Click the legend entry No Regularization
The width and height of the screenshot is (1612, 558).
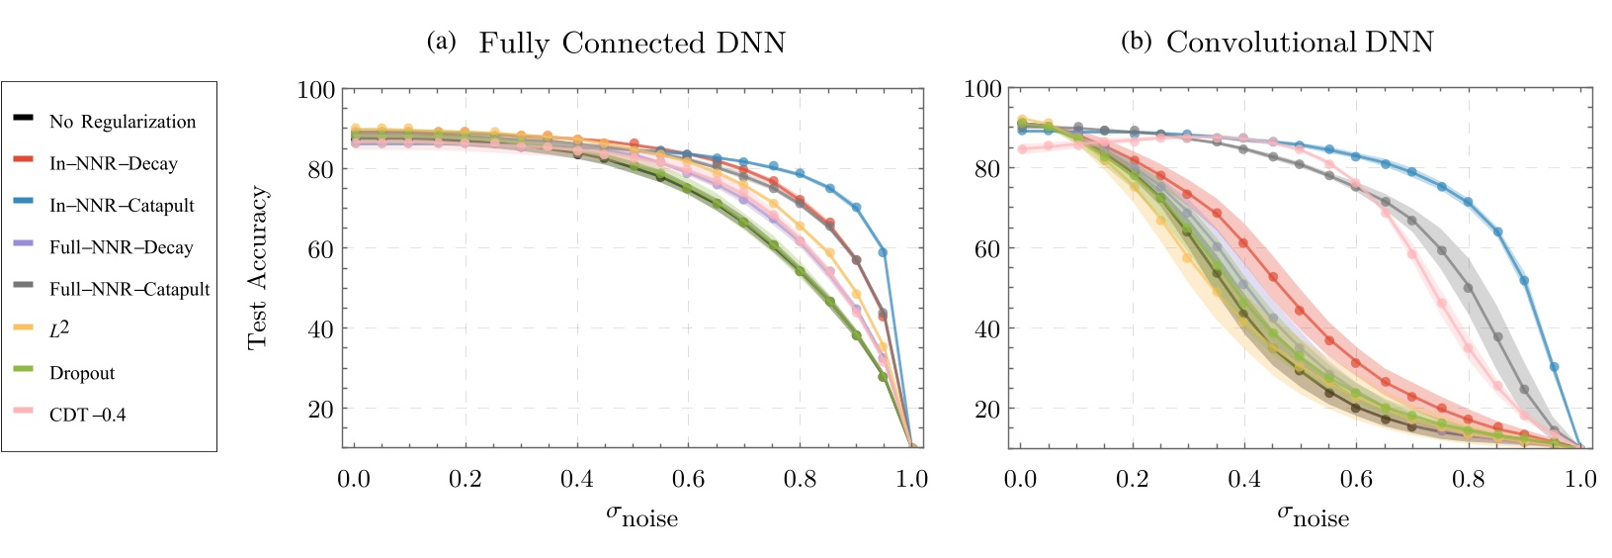click(x=123, y=122)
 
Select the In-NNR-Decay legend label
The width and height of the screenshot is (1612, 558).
click(x=114, y=164)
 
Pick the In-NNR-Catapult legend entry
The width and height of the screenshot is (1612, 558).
click(x=122, y=206)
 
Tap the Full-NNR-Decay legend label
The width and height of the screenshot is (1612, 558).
click(x=121, y=247)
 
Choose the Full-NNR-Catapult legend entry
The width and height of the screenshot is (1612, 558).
click(x=129, y=290)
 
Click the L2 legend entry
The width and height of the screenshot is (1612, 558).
click(x=59, y=329)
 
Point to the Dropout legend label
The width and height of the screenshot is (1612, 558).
click(x=82, y=373)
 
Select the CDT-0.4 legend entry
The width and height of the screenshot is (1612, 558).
click(x=88, y=415)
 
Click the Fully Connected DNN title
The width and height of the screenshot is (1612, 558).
click(x=632, y=44)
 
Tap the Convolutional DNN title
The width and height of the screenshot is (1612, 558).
click(x=1299, y=43)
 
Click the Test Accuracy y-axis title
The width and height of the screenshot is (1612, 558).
click(x=258, y=268)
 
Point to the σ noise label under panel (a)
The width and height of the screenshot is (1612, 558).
click(x=641, y=514)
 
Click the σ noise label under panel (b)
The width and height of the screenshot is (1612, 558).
click(x=1313, y=514)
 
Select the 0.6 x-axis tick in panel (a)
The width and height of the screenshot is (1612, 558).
click(x=688, y=480)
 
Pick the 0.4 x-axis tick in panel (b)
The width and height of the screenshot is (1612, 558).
click(x=1244, y=480)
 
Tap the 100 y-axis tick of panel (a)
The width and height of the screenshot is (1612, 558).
click(x=316, y=90)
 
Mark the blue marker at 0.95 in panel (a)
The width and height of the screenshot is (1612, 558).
click(x=883, y=253)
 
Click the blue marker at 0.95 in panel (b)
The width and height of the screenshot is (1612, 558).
click(x=1554, y=367)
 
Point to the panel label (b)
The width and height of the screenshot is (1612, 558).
click(x=1136, y=43)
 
